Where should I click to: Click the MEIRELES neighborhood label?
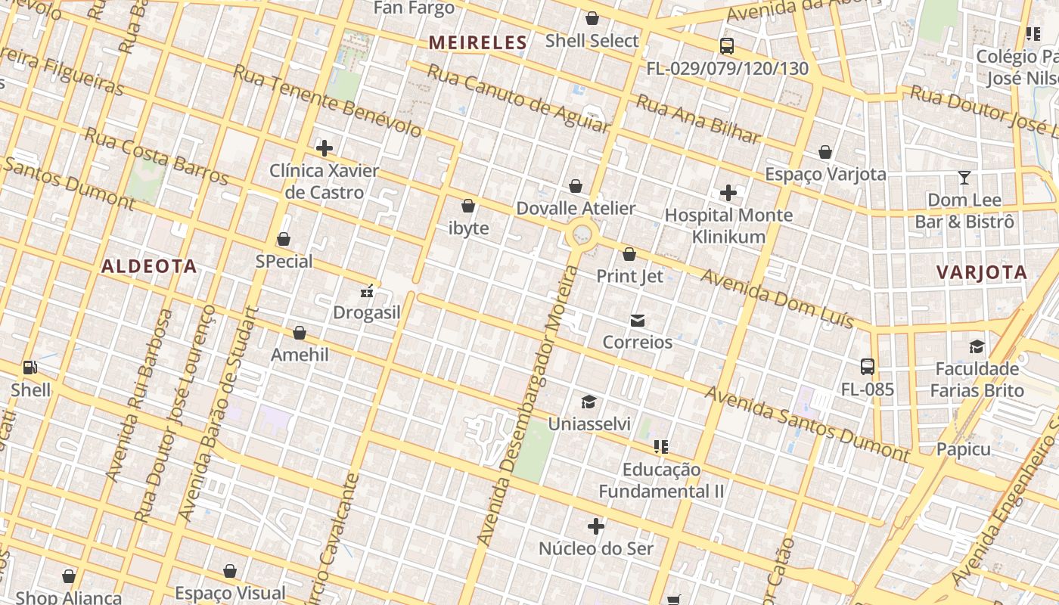pyautogui.click(x=477, y=43)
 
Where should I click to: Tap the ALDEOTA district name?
pyautogui.click(x=149, y=266)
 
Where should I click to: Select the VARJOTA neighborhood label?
pyautogui.click(x=982, y=273)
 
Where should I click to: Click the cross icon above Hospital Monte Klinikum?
pyautogui.click(x=728, y=194)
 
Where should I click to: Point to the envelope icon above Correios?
pyautogui.click(x=638, y=321)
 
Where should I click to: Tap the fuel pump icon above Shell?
pyautogui.click(x=30, y=368)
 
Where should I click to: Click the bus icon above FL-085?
pyautogui.click(x=868, y=367)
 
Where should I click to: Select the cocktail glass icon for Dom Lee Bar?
pyautogui.click(x=964, y=178)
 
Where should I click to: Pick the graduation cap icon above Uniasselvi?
pyautogui.click(x=589, y=402)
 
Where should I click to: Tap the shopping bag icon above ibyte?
pyautogui.click(x=468, y=206)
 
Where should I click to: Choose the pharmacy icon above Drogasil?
pyautogui.click(x=367, y=291)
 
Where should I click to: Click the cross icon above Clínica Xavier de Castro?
pyautogui.click(x=325, y=148)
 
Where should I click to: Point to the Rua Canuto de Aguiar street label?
pyautogui.click(x=518, y=98)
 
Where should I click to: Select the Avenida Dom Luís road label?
pyautogui.click(x=777, y=299)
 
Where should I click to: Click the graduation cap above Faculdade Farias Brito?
pyautogui.click(x=977, y=346)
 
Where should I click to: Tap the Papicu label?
pyautogui.click(x=963, y=449)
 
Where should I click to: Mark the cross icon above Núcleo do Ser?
pyautogui.click(x=596, y=526)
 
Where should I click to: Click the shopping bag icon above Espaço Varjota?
pyautogui.click(x=825, y=152)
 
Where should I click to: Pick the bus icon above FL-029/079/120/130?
pyautogui.click(x=727, y=46)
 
